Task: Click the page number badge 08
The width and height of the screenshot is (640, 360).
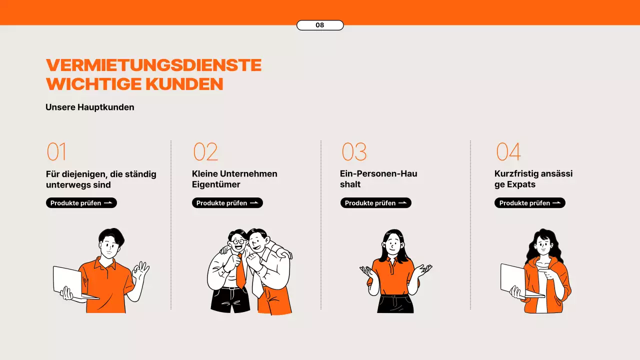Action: click(x=320, y=25)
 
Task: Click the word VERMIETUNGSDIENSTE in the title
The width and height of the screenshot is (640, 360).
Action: click(x=153, y=65)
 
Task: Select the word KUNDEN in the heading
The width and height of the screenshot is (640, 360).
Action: click(x=184, y=84)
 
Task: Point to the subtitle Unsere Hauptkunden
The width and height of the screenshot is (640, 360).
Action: click(x=90, y=107)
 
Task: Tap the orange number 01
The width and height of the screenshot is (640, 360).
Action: click(x=56, y=152)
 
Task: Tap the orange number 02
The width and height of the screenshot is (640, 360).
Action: click(x=205, y=152)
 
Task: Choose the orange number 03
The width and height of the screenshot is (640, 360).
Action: click(x=354, y=152)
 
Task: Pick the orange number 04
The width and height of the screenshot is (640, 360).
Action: click(x=508, y=152)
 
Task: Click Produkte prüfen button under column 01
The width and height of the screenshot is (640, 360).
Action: click(x=81, y=203)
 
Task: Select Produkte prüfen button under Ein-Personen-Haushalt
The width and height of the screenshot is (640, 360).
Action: click(x=376, y=203)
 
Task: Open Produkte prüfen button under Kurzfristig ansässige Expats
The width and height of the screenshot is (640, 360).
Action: click(x=530, y=203)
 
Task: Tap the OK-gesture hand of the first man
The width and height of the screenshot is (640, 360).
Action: click(x=140, y=272)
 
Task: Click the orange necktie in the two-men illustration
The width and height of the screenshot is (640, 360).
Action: click(x=240, y=272)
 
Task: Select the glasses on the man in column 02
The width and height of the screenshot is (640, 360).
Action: click(x=238, y=241)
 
